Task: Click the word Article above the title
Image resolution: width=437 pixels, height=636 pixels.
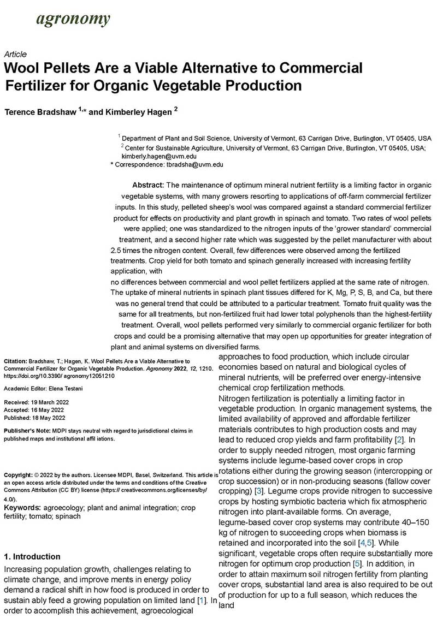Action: click(15, 55)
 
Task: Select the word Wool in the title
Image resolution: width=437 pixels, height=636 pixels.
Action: click(24, 69)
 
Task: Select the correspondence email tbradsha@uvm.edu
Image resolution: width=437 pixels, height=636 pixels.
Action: click(195, 164)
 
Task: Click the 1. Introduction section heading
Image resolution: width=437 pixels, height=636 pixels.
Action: click(32, 557)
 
